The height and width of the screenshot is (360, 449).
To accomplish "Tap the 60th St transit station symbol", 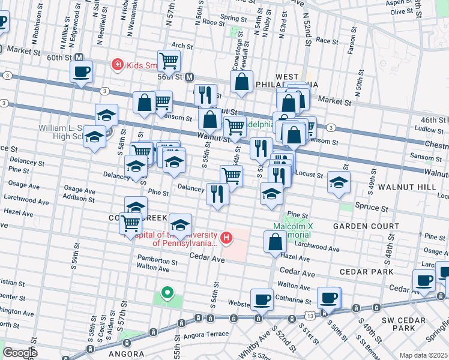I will (x=80, y=57).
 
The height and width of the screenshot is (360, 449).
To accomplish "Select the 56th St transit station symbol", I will (x=189, y=77).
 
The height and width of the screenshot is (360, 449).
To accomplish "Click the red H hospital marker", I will (x=226, y=238).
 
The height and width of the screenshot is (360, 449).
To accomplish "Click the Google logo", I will (x=20, y=353).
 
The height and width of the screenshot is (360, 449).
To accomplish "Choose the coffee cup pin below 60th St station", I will (x=82, y=73).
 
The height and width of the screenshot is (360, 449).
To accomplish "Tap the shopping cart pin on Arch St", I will (x=170, y=60).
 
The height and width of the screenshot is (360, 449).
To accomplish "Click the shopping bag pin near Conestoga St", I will (x=242, y=81).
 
